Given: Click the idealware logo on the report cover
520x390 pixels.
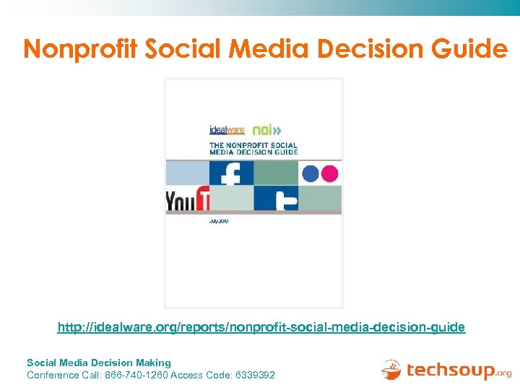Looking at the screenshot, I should click(x=227, y=131).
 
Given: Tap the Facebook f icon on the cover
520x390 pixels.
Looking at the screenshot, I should click(x=232, y=173).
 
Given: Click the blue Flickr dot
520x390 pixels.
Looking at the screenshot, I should click(x=311, y=173).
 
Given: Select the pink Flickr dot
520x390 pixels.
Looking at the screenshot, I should click(x=329, y=173).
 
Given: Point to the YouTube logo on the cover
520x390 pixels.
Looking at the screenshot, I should click(x=188, y=200).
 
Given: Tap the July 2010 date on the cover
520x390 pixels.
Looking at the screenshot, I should click(x=219, y=221).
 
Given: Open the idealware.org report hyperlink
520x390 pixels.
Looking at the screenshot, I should click(x=261, y=328).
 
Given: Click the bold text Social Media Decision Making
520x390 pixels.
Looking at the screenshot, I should click(x=99, y=363).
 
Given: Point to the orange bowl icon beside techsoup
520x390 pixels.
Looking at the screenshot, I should click(x=391, y=370).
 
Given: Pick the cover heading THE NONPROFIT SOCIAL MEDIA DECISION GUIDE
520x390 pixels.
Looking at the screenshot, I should click(x=253, y=149).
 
